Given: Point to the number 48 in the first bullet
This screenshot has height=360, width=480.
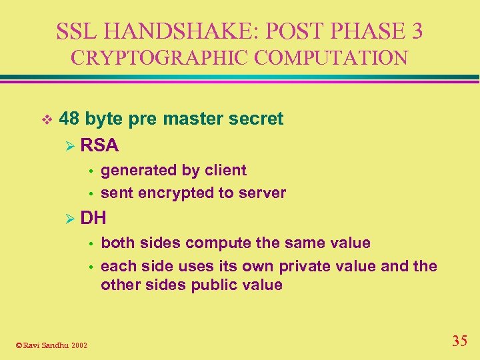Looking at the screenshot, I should pos(69,119).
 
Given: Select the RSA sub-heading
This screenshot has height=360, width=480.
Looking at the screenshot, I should pos(99,145).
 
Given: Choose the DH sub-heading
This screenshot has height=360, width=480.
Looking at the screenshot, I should pos(94,217).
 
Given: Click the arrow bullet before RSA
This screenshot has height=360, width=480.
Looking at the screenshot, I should pos(69,145).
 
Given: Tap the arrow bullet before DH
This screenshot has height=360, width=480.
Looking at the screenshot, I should pos(69,218).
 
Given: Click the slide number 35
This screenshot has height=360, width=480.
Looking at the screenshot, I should pos(459,341).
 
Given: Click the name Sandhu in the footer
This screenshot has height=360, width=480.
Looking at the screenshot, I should pos(55,345).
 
